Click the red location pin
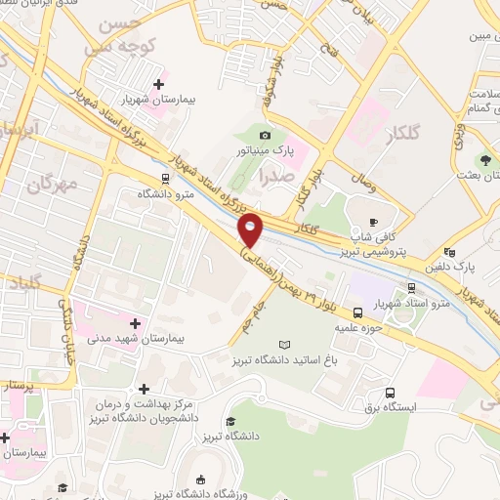click(x=251, y=229)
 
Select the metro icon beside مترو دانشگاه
click(x=165, y=178)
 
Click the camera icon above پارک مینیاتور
click(x=265, y=135)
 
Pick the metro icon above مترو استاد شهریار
click(x=412, y=287)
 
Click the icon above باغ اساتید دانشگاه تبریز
click(x=284, y=345)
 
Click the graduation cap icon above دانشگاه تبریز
click(x=229, y=421)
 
